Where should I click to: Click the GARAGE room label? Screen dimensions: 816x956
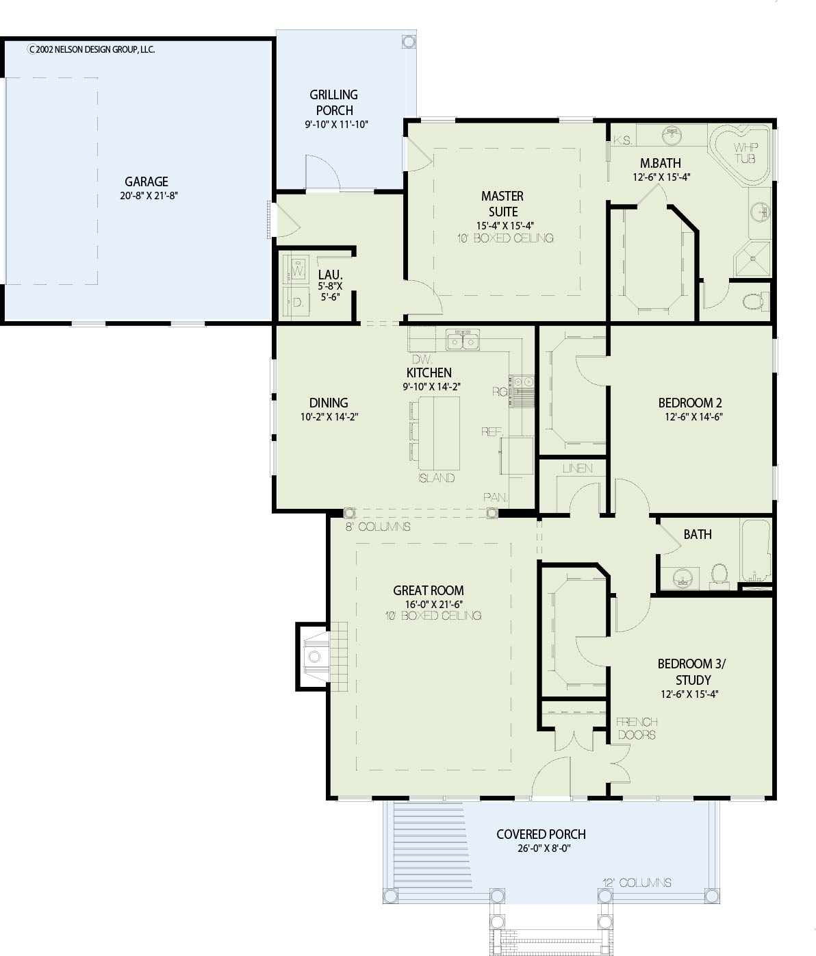[x=146, y=181]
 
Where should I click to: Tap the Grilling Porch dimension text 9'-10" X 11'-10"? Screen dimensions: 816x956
[x=336, y=124]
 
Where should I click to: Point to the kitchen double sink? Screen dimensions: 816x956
[x=462, y=340]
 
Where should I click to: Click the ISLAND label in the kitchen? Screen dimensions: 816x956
[x=436, y=478]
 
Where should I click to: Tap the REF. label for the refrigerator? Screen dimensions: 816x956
[x=492, y=431]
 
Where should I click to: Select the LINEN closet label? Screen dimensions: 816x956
[x=577, y=468]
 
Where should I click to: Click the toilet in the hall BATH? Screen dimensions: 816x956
[x=719, y=577]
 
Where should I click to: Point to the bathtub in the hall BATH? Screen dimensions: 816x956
[x=756, y=550]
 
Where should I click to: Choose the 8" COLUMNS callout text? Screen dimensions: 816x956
[x=378, y=527]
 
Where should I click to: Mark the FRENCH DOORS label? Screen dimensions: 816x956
[x=637, y=728]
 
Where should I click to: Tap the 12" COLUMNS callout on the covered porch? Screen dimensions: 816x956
[x=637, y=883]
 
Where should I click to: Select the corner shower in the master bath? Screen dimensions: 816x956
[x=752, y=259]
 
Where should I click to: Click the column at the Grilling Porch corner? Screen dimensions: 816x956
[x=408, y=42]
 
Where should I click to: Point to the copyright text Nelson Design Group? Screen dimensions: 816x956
[x=92, y=49]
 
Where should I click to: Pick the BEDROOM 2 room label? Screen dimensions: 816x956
[x=690, y=403]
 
